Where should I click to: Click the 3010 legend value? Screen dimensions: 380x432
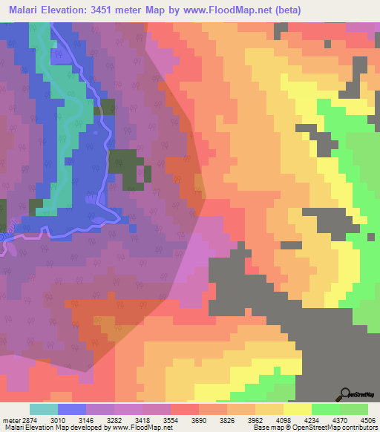tap(56, 419)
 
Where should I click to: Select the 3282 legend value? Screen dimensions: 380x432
tap(114, 419)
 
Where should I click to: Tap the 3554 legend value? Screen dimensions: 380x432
tap(170, 419)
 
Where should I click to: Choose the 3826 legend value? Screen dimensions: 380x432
tap(226, 419)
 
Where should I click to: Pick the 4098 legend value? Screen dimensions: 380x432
tap(284, 419)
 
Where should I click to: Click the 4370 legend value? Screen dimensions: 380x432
tap(340, 419)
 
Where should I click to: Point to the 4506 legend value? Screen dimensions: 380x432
tap(368, 419)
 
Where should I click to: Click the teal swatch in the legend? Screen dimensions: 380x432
tap(43, 409)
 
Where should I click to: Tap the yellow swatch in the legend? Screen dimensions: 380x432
tap(297, 409)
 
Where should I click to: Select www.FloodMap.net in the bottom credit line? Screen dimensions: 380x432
tap(135, 428)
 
